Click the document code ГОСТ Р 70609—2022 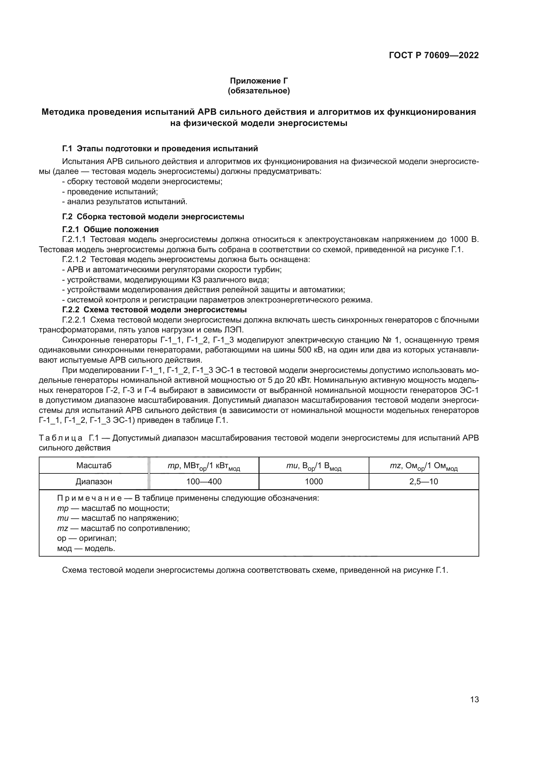[x=433, y=56]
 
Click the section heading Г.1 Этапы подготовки [x=160, y=148]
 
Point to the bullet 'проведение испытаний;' [x=110, y=192]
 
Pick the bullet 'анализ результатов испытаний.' [x=125, y=202]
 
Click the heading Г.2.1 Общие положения [x=110, y=229]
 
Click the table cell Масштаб [x=94, y=466]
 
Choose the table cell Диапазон [x=94, y=482]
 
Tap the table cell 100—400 [x=204, y=482]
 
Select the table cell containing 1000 [x=313, y=482]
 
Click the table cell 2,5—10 [x=423, y=482]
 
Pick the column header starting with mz [x=423, y=466]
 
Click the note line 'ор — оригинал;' [x=87, y=539]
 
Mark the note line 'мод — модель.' [x=86, y=549]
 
